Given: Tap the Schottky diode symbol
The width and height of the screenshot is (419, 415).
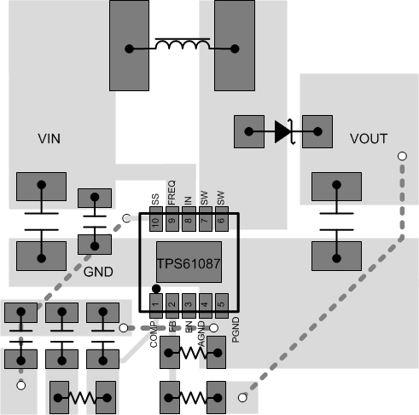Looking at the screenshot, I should point(284,131).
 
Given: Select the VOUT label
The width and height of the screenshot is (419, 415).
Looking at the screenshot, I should point(369,138).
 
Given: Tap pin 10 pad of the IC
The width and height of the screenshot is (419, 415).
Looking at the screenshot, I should point(155,222).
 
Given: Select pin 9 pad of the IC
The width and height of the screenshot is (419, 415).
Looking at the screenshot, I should point(172,222).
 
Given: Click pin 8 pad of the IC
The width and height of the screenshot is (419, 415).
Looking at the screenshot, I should point(188,222).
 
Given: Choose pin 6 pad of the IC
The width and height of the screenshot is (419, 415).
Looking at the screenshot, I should point(221,222).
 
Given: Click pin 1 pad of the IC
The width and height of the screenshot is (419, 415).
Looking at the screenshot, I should point(155,303).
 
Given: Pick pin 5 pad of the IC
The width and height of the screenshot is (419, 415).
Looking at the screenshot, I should point(221,303).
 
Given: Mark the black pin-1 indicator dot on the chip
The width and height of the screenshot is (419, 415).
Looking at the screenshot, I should point(156,288).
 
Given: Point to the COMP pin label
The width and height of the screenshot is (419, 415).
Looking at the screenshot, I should point(155,330).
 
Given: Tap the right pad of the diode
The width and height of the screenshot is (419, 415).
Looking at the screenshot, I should point(317,131).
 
